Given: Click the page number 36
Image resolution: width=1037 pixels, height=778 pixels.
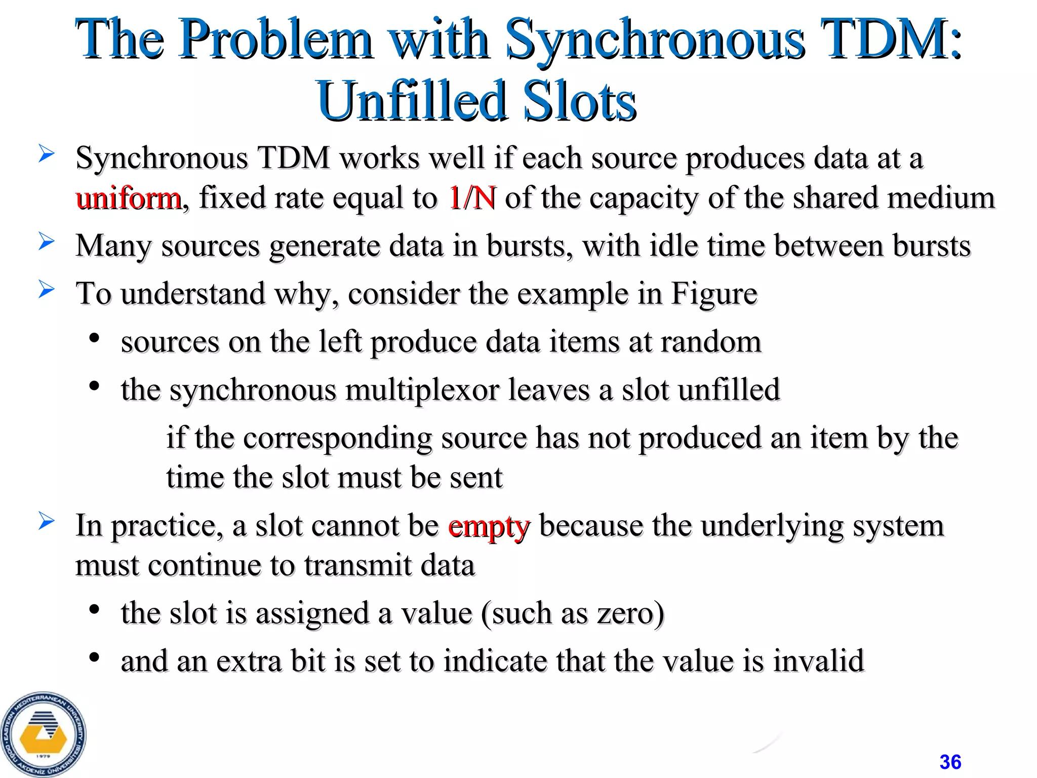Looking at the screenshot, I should click(950, 761).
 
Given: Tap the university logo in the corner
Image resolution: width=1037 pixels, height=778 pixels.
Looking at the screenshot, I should click(44, 734).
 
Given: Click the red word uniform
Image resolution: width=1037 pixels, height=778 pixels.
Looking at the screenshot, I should click(128, 198).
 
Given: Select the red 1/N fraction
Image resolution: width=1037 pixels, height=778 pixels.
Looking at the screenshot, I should click(472, 198).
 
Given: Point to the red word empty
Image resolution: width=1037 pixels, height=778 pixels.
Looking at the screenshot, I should click(489, 526).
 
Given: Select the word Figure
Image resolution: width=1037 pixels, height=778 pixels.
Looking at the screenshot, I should click(714, 294).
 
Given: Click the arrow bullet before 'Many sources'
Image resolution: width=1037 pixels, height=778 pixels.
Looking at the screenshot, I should click(46, 242).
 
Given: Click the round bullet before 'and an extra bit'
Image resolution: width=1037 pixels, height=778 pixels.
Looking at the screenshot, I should click(94, 657).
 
